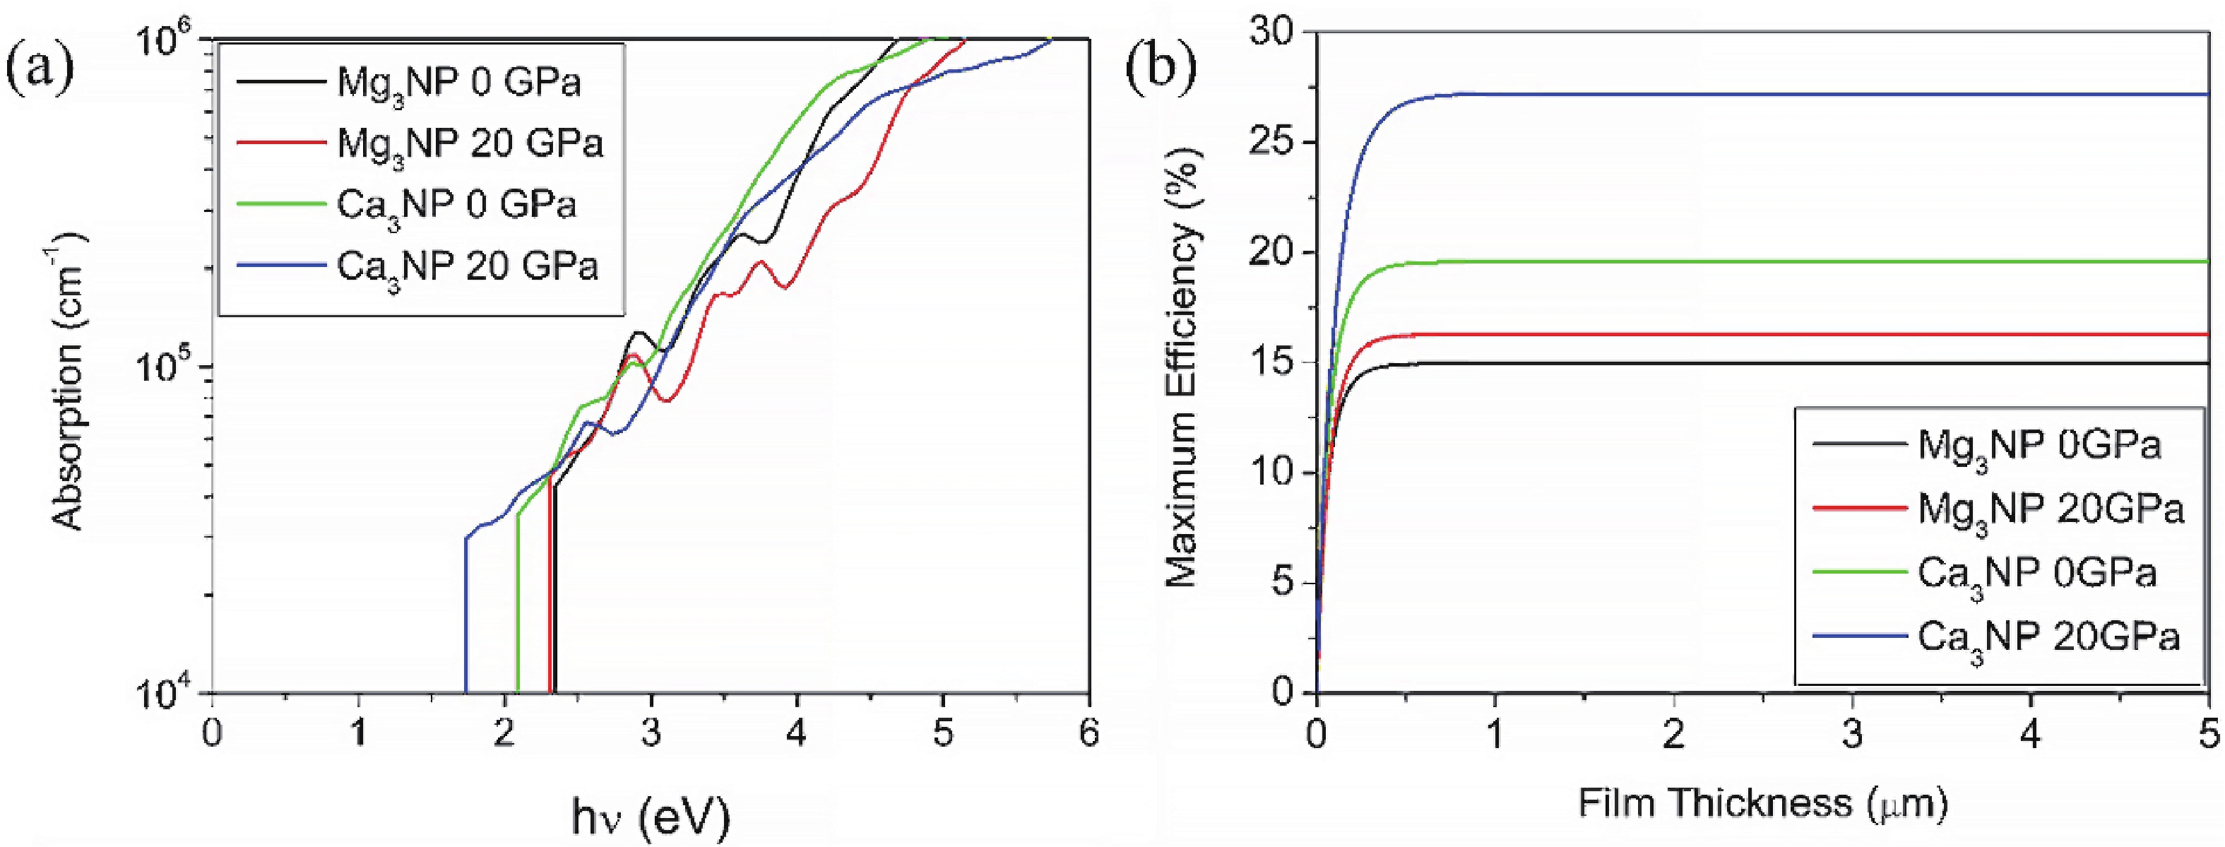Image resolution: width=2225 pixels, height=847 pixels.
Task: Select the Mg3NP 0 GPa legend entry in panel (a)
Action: click(x=458, y=83)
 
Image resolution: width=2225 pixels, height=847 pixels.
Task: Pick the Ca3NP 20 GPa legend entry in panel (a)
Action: click(x=466, y=266)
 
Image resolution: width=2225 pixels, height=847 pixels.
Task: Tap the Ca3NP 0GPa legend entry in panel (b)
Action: click(x=2036, y=572)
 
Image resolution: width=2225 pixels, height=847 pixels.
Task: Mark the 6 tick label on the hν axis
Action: click(x=1089, y=734)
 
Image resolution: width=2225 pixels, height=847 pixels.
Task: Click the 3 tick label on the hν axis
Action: click(x=651, y=734)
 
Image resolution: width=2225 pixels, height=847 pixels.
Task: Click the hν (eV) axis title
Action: click(x=651, y=817)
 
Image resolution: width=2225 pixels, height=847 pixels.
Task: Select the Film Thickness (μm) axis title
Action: click(x=1763, y=803)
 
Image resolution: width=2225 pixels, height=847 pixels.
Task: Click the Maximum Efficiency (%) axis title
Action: click(x=1183, y=362)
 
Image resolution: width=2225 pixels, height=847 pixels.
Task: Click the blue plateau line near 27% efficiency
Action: click(x=1728, y=94)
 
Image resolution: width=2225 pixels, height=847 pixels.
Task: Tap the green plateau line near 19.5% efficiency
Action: click(x=1728, y=261)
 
